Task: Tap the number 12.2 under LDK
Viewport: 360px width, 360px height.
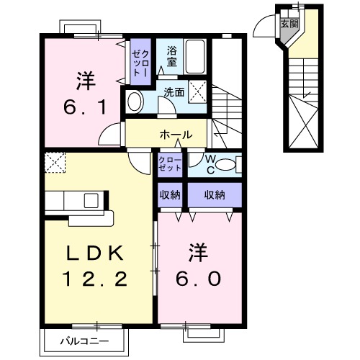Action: tap(96, 278)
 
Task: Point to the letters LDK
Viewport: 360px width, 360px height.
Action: tap(96, 253)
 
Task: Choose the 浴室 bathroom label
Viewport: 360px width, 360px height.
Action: tap(171, 56)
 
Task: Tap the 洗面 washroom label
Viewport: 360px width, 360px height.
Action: tap(173, 93)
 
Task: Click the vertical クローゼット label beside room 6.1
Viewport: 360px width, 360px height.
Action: tap(138, 61)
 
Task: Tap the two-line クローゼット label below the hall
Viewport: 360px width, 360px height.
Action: tap(171, 164)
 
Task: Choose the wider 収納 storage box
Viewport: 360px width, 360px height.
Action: tap(215, 194)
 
